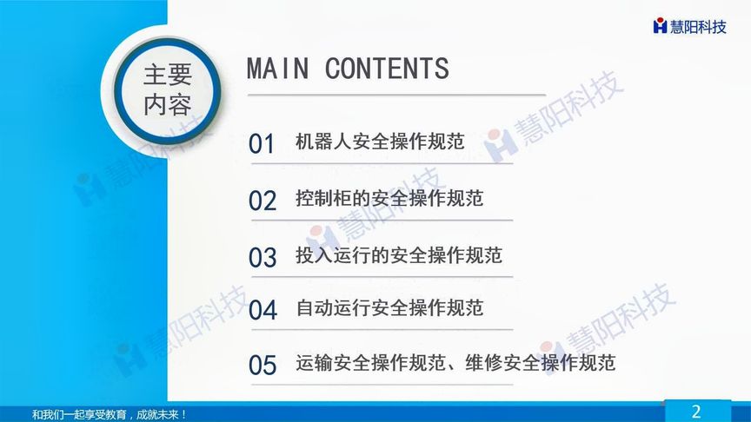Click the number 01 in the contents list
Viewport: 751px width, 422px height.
click(262, 145)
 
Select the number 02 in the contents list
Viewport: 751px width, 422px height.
click(262, 201)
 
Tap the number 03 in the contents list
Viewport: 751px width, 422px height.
click(262, 258)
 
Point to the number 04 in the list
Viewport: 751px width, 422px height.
click(262, 310)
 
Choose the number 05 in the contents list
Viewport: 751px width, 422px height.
click(262, 366)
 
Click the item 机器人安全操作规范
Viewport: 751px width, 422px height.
click(380, 142)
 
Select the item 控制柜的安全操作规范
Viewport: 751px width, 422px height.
click(389, 199)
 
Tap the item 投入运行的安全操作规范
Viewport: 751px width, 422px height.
click(399, 255)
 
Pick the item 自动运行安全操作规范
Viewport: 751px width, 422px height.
click(389, 307)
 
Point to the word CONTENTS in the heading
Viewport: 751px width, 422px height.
click(387, 69)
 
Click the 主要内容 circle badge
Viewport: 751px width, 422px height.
click(167, 89)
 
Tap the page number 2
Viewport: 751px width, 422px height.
click(695, 412)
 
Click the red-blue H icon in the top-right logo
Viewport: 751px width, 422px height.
click(661, 26)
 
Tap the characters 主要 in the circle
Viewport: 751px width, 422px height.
click(167, 75)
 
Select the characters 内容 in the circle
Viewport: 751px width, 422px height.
click(167, 105)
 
